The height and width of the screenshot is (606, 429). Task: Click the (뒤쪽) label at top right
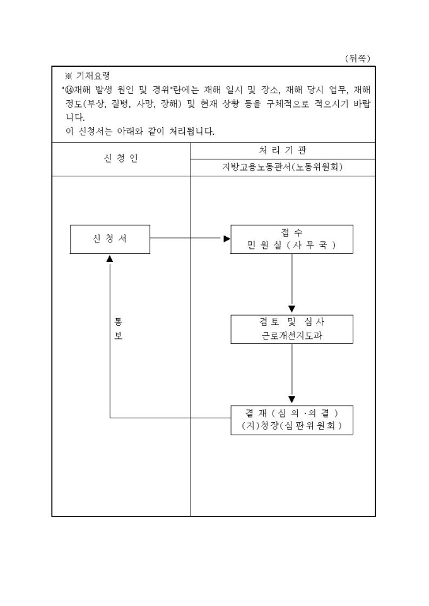click(357, 58)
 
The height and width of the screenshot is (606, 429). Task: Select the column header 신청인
click(120, 159)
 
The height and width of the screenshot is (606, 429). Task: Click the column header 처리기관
click(282, 151)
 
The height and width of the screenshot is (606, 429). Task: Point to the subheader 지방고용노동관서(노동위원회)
click(282, 167)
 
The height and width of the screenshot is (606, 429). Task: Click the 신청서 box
click(110, 239)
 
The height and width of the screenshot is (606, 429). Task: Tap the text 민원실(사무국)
click(291, 246)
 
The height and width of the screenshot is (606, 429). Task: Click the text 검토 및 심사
click(291, 322)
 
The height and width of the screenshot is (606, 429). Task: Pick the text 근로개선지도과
click(291, 336)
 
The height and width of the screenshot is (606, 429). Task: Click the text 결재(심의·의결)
click(291, 413)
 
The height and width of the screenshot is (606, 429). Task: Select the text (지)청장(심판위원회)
click(291, 426)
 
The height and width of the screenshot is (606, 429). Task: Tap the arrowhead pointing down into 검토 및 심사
click(291, 309)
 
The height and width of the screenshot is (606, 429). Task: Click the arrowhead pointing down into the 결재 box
click(291, 399)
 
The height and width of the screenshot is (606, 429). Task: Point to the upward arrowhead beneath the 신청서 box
click(110, 258)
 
